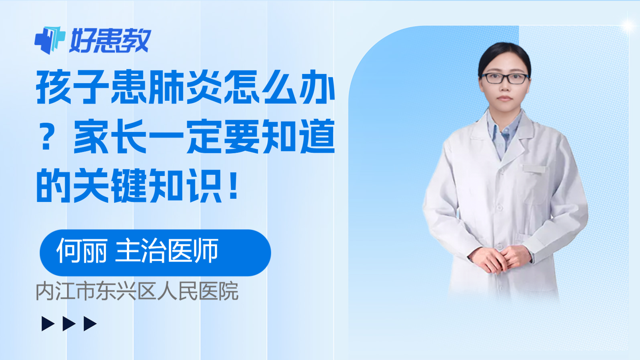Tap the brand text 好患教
[110, 40]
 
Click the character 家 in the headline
[91, 136]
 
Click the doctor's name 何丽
[82, 250]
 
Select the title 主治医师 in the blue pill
[167, 250]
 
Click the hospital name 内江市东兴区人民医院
[137, 291]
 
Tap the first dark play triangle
[48, 324]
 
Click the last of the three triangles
[90, 324]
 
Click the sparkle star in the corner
[628, 26]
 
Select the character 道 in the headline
[318, 136]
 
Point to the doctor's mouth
[504, 98]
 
